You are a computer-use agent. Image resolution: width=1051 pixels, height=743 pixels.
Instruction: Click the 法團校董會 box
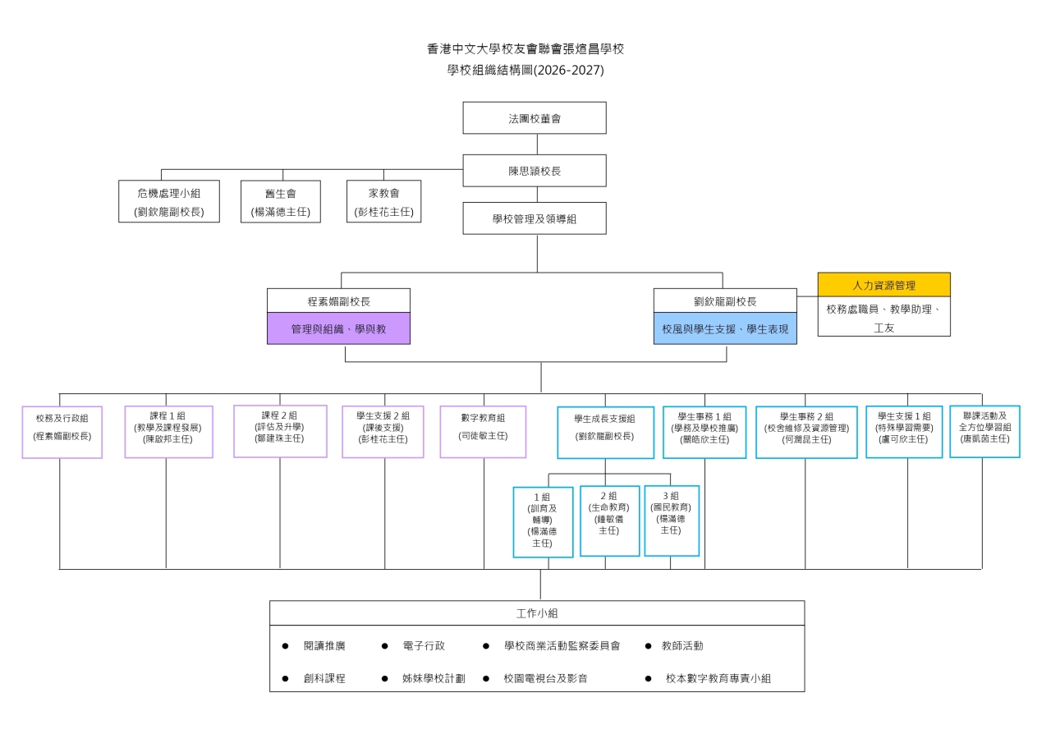(535, 117)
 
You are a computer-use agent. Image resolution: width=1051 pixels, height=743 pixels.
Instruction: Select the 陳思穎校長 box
(535, 171)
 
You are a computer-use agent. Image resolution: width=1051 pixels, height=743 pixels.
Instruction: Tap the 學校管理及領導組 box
(535, 218)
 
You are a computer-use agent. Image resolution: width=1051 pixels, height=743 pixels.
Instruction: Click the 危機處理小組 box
(169, 201)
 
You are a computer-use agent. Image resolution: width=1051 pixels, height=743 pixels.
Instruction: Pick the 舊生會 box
(281, 202)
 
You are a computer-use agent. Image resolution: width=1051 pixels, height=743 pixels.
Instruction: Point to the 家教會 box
(383, 201)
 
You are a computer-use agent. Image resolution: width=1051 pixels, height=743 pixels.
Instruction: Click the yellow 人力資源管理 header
(884, 285)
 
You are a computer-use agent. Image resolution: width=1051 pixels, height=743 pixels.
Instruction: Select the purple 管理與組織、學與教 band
(338, 328)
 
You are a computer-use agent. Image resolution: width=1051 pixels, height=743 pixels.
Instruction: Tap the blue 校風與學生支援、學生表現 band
(725, 328)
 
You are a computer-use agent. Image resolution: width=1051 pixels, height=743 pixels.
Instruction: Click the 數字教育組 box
(483, 432)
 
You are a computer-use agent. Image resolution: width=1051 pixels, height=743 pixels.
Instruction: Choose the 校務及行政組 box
(62, 432)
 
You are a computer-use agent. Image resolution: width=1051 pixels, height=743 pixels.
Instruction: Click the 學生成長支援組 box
(605, 433)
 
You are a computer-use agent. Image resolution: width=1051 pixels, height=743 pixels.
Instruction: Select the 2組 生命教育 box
(609, 521)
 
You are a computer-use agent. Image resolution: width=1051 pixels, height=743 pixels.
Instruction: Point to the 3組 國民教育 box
(672, 521)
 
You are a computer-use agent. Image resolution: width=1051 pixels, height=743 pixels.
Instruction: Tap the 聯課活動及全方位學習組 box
(984, 432)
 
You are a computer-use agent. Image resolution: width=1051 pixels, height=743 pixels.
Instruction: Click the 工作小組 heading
(537, 613)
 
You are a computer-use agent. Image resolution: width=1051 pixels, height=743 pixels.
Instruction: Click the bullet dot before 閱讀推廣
(285, 646)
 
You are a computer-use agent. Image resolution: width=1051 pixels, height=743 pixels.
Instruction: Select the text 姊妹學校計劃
(434, 678)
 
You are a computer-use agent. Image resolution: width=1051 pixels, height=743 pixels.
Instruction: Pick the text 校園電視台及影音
(545, 678)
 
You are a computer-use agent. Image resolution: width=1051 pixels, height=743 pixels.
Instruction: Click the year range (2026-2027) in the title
(569, 71)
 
